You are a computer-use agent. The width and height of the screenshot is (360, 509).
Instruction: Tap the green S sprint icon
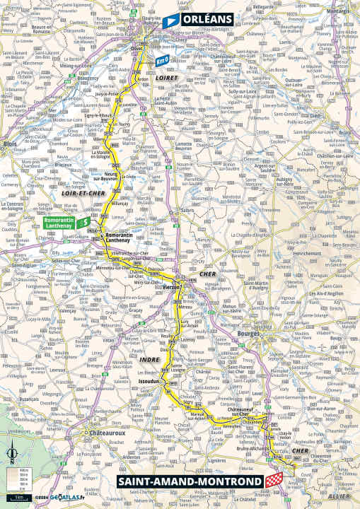click(84, 221)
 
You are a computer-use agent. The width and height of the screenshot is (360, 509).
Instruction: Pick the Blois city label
click(9, 141)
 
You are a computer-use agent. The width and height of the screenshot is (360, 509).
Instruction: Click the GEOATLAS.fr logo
click(64, 498)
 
